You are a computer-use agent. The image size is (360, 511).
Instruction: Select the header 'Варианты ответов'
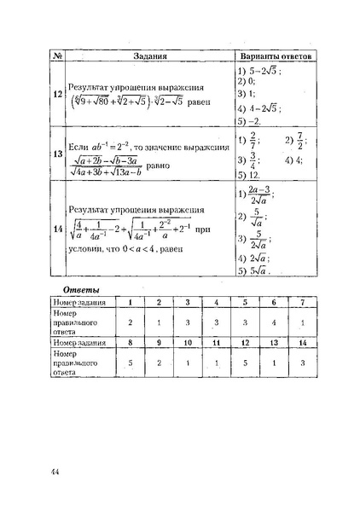(x=274, y=56)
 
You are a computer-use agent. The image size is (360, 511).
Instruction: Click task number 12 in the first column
(x=57, y=95)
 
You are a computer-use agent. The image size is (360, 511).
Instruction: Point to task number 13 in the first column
(x=57, y=154)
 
